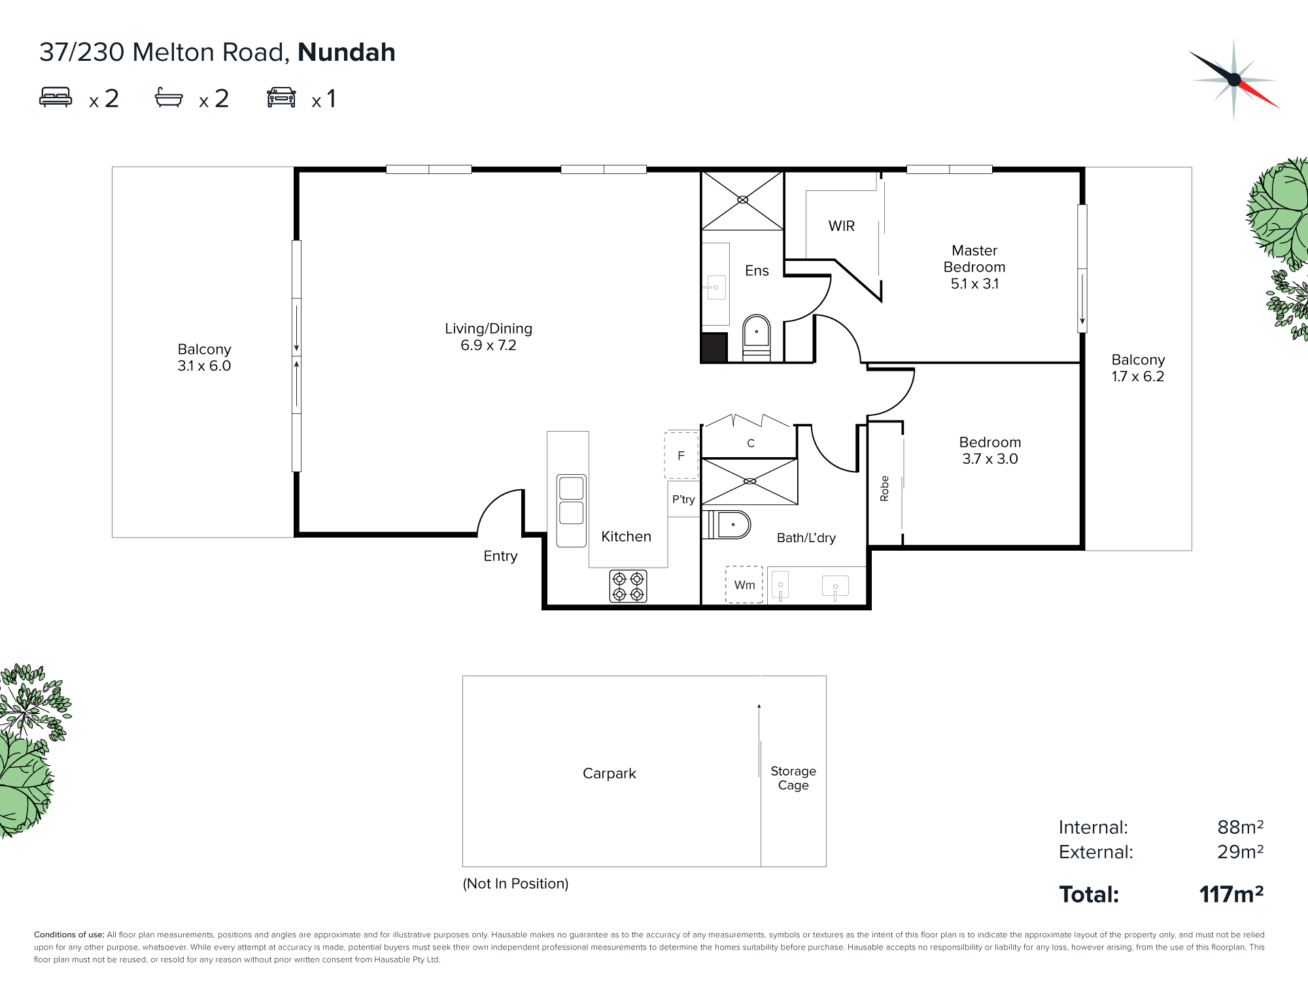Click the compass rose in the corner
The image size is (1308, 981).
click(x=1234, y=80)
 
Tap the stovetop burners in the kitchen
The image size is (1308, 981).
click(x=628, y=586)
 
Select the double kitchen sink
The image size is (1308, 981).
click(x=571, y=511)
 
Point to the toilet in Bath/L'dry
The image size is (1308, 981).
click(x=727, y=525)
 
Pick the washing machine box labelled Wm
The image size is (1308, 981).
click(x=744, y=585)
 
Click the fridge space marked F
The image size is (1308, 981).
click(x=681, y=455)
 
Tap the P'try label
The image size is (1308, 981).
click(x=683, y=500)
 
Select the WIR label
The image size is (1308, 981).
click(x=842, y=226)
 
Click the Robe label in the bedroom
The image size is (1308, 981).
click(x=885, y=489)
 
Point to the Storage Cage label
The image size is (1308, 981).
click(x=793, y=778)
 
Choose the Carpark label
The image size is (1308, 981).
click(x=610, y=774)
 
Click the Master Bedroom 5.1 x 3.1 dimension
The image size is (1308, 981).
click(x=974, y=284)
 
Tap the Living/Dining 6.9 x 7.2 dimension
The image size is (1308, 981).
click(x=489, y=345)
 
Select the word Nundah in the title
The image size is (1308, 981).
click(x=347, y=52)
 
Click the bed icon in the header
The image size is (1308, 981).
click(x=56, y=97)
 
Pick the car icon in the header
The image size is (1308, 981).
click(x=281, y=97)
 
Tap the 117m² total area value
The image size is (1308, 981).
click(x=1231, y=894)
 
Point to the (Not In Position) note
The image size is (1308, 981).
click(x=515, y=884)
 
